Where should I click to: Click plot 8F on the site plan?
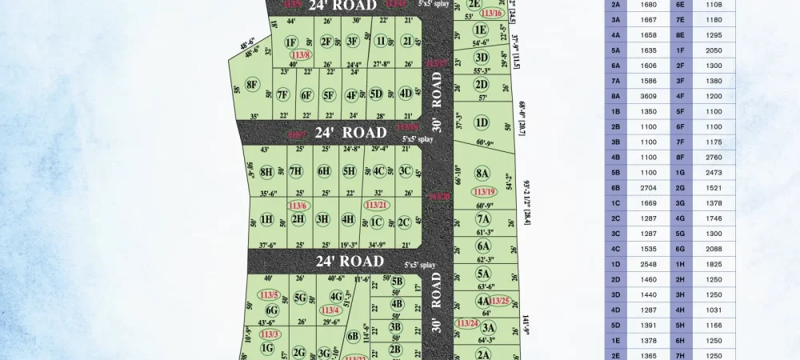coord(252,84)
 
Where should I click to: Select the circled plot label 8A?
coord(482,173)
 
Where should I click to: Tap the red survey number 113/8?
coord(301,54)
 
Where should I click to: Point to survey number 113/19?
coord(483,192)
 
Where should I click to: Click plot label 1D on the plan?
coord(481,122)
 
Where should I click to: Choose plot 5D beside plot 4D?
coord(376,94)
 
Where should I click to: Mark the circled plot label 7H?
coord(296,170)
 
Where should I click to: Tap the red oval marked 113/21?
coord(376,205)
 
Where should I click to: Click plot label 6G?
coord(272,310)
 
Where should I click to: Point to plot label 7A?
coord(483,218)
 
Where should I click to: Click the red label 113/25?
coord(499,301)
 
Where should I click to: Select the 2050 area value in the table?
coord(714,50)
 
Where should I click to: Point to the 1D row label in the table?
coord(615,264)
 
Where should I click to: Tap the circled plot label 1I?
coord(382,42)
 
